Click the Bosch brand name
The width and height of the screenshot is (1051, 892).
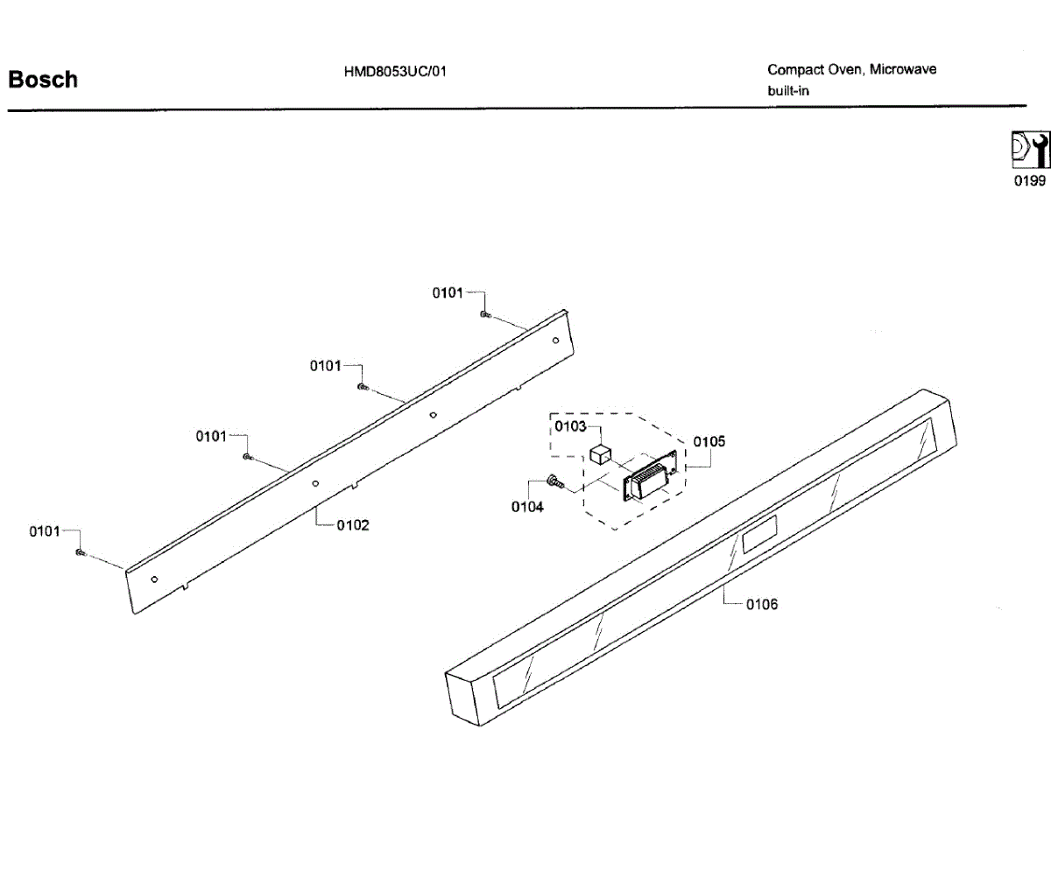click(x=43, y=80)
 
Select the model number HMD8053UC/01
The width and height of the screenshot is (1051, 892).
click(x=395, y=71)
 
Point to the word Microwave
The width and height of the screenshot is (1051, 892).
click(x=902, y=69)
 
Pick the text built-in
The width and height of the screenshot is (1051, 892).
click(x=788, y=90)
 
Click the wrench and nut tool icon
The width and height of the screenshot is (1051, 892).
click(x=1029, y=150)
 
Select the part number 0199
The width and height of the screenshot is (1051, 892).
click(x=1029, y=181)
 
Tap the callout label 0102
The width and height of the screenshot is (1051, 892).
click(x=353, y=525)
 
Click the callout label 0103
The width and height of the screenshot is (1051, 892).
click(x=570, y=426)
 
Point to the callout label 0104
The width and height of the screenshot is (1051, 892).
click(x=527, y=507)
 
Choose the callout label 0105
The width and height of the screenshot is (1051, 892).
click(x=709, y=442)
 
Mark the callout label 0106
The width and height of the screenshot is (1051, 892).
click(x=761, y=604)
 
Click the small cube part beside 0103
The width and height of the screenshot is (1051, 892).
click(x=600, y=454)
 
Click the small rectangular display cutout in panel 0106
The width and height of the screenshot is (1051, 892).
click(x=758, y=534)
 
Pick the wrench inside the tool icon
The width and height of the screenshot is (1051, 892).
click(x=1040, y=150)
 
